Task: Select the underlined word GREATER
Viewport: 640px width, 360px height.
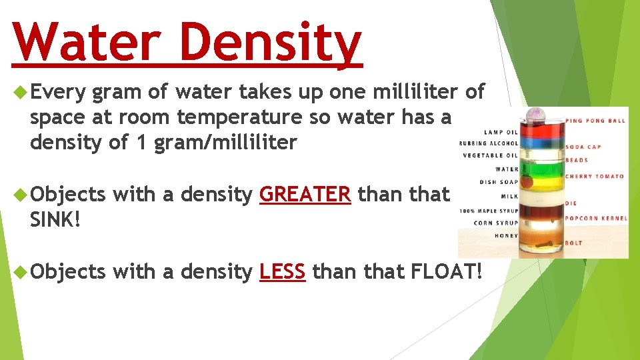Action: coord(305,194)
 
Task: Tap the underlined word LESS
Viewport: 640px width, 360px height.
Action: coord(282,271)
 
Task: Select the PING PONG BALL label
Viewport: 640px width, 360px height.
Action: coord(595,121)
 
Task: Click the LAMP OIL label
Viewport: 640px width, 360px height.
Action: coord(501,132)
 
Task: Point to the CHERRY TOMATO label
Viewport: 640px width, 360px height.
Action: coord(595,177)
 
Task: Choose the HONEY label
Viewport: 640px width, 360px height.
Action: coord(507,235)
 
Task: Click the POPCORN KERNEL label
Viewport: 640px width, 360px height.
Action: coord(595,219)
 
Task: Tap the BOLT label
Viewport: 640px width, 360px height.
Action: coord(574,244)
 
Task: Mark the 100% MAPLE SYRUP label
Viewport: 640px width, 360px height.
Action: coord(489,211)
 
